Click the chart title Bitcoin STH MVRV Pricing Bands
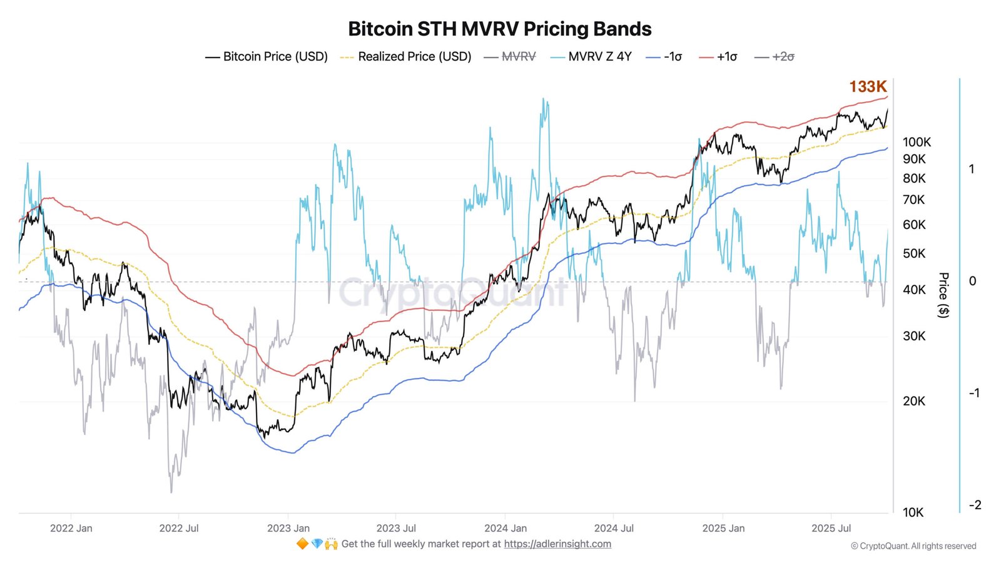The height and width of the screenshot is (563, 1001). [499, 29]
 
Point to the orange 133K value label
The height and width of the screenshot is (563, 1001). [868, 87]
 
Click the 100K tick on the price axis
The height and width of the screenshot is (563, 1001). [917, 142]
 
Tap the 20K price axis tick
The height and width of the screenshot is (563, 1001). [913, 401]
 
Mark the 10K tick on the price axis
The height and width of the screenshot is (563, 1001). [913, 512]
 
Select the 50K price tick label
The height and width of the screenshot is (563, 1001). [913, 253]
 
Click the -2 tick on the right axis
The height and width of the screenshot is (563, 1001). [975, 505]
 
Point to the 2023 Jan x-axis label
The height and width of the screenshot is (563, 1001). [288, 528]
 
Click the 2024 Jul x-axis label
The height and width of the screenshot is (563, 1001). [614, 528]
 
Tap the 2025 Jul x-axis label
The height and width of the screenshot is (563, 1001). [831, 528]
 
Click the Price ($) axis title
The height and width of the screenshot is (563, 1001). [943, 295]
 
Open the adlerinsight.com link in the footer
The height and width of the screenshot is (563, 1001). [557, 544]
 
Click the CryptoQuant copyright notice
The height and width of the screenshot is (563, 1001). [913, 546]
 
